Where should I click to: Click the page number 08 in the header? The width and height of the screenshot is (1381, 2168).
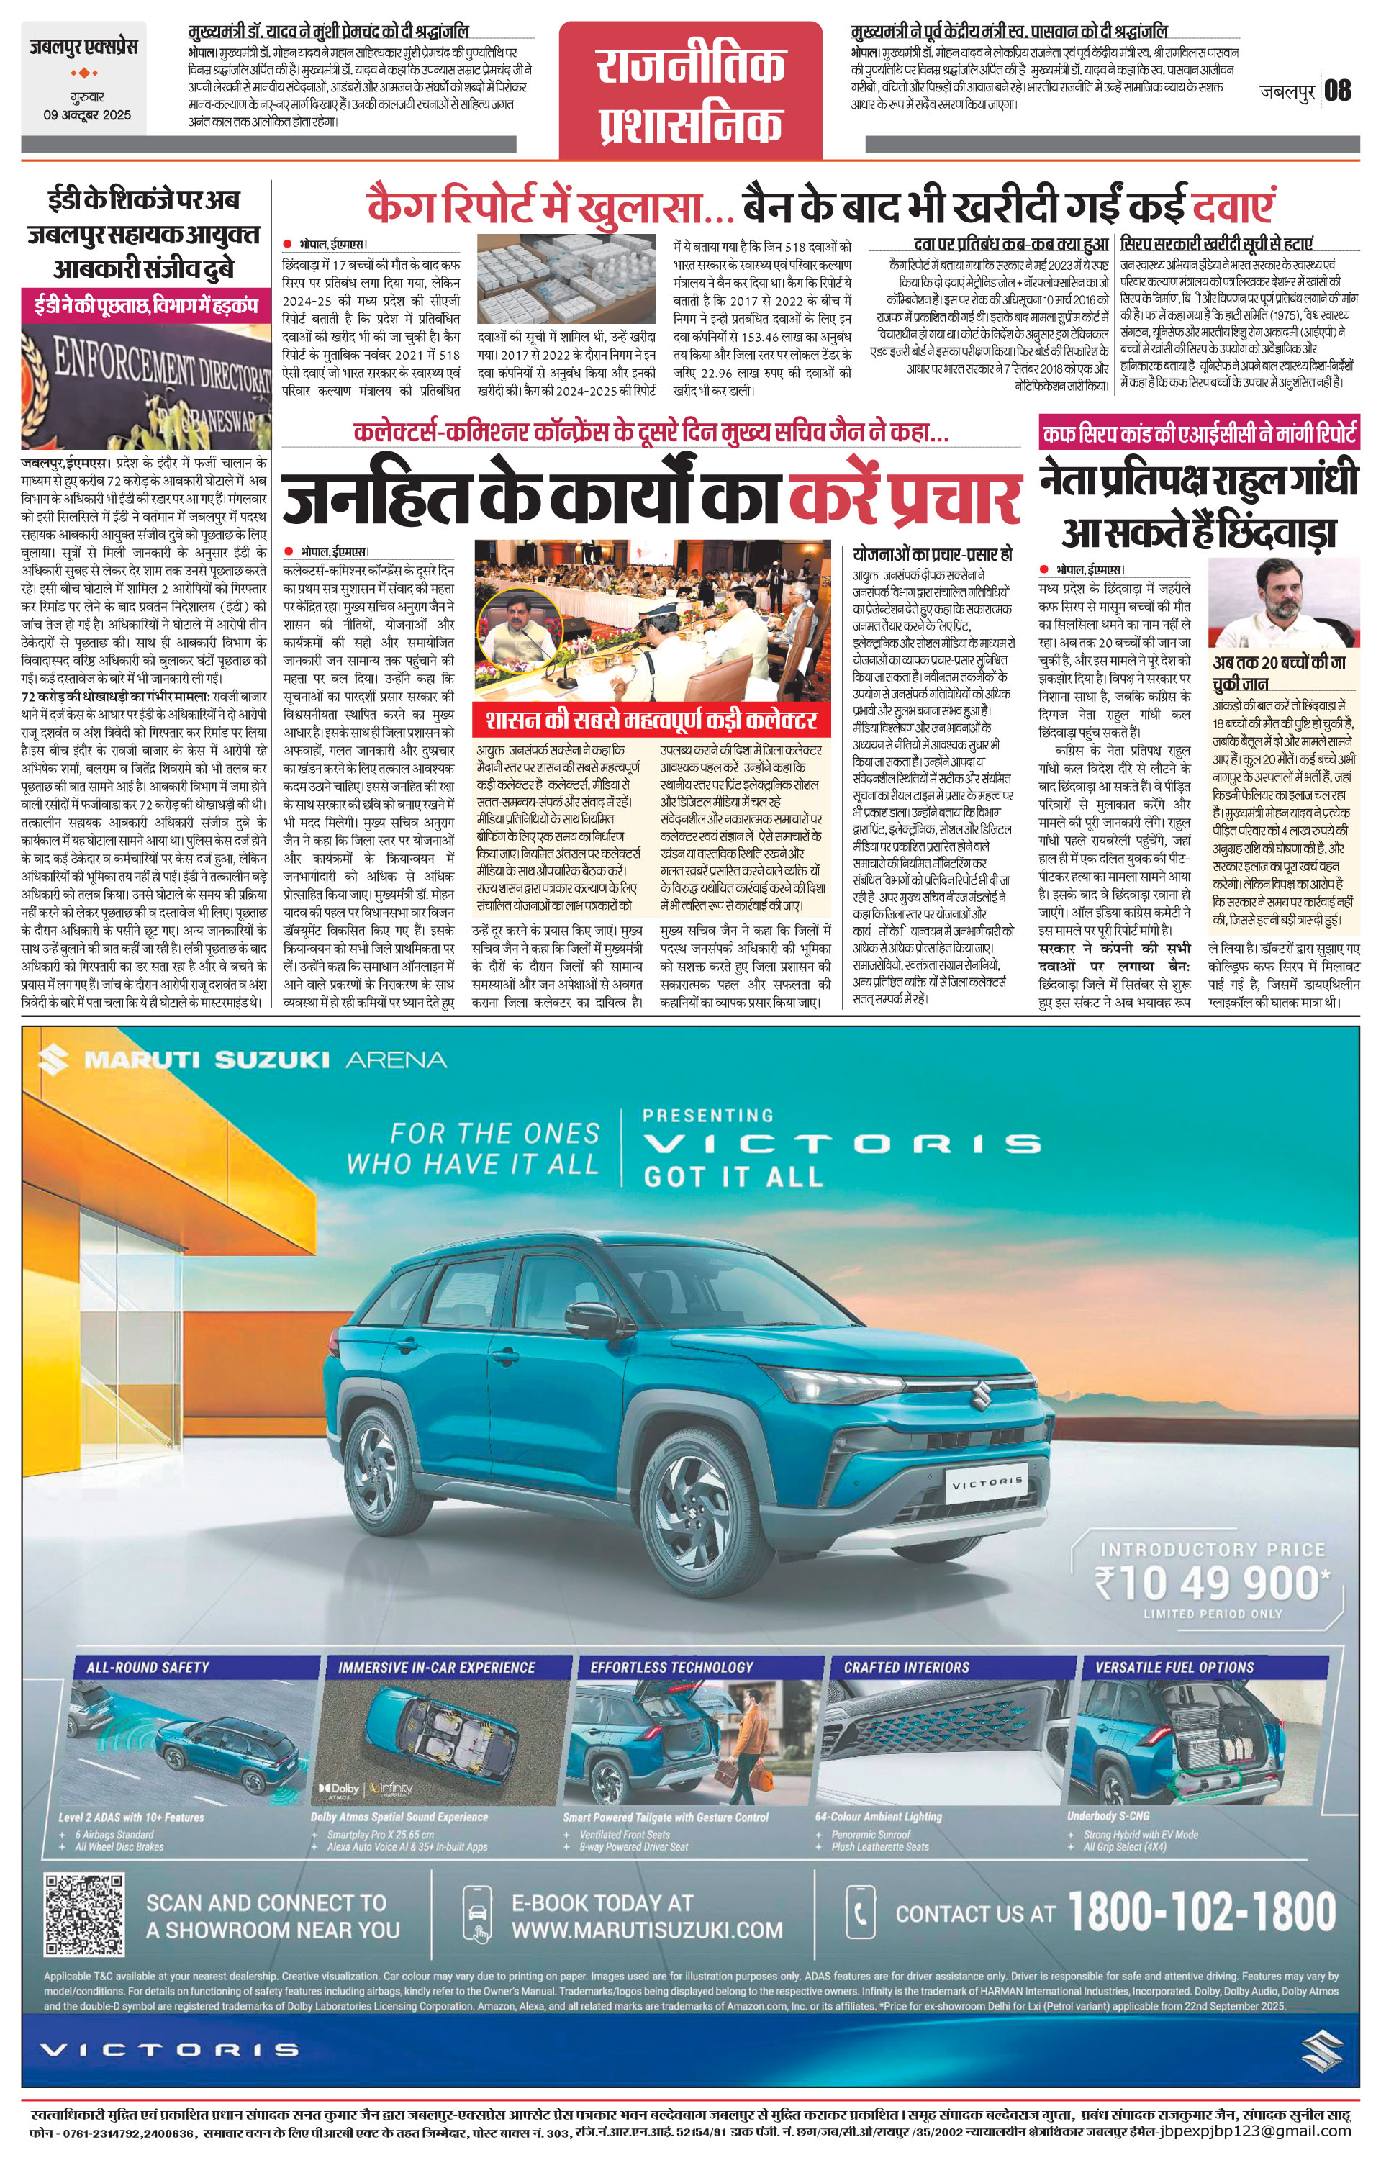tap(1338, 91)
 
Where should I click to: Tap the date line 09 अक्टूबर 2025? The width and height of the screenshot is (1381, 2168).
tap(87, 114)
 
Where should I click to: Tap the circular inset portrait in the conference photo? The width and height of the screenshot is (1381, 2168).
tap(521, 636)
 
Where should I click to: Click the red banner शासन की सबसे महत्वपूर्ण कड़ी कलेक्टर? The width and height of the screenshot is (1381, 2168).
tap(652, 721)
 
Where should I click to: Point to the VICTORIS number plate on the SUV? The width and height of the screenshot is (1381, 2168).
tap(987, 1480)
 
